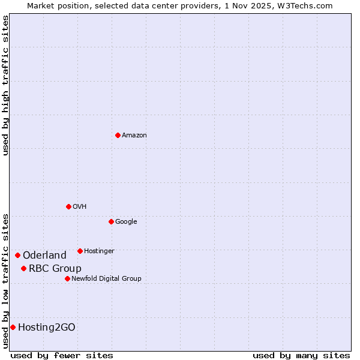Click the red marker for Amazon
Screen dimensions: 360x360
pyautogui.click(x=118, y=135)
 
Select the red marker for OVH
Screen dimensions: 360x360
pyautogui.click(x=68, y=206)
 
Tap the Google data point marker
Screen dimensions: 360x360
pyautogui.click(x=111, y=221)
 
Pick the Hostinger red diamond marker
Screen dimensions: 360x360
pyautogui.click(x=80, y=251)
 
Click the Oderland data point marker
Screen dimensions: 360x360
pyautogui.click(x=17, y=255)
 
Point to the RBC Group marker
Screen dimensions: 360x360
pyautogui.click(x=23, y=268)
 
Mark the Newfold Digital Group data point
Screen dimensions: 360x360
pyautogui.click(x=67, y=278)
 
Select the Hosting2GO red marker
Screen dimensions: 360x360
pyautogui.click(x=13, y=327)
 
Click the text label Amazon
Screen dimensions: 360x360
pyautogui.click(x=134, y=136)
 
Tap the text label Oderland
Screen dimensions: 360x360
pyautogui.click(x=44, y=256)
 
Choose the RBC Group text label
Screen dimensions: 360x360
pyautogui.click(x=55, y=269)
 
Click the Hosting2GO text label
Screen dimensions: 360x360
pyautogui.click(x=47, y=328)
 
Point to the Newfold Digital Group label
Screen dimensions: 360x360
pyautogui.click(x=106, y=279)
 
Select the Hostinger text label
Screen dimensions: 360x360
pyautogui.click(x=99, y=251)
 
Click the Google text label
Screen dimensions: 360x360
pyautogui.click(x=126, y=222)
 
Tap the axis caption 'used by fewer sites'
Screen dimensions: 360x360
pyautogui.click(x=62, y=355)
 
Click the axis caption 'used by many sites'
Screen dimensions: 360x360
pyautogui.click(x=301, y=355)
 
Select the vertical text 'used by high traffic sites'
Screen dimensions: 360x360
pyautogui.click(x=5, y=85)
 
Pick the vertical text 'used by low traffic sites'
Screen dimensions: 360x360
pyautogui.click(x=5, y=281)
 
